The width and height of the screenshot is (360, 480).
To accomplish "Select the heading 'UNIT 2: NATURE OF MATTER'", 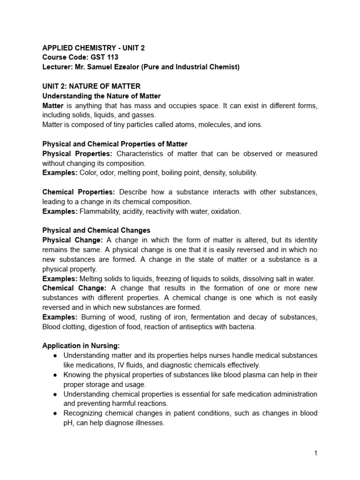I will pyautogui.click(x=91, y=87).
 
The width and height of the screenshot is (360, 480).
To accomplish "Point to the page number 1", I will pyautogui.click(x=316, y=453).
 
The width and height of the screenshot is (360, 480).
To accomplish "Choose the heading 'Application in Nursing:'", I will pyautogui.click(x=81, y=346).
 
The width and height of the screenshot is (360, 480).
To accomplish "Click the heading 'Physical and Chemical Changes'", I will pyautogui.click(x=96, y=231).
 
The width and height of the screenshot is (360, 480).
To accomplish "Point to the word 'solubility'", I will pyautogui.click(x=242, y=173).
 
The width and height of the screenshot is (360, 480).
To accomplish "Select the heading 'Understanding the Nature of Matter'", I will pyautogui.click(x=101, y=96).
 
